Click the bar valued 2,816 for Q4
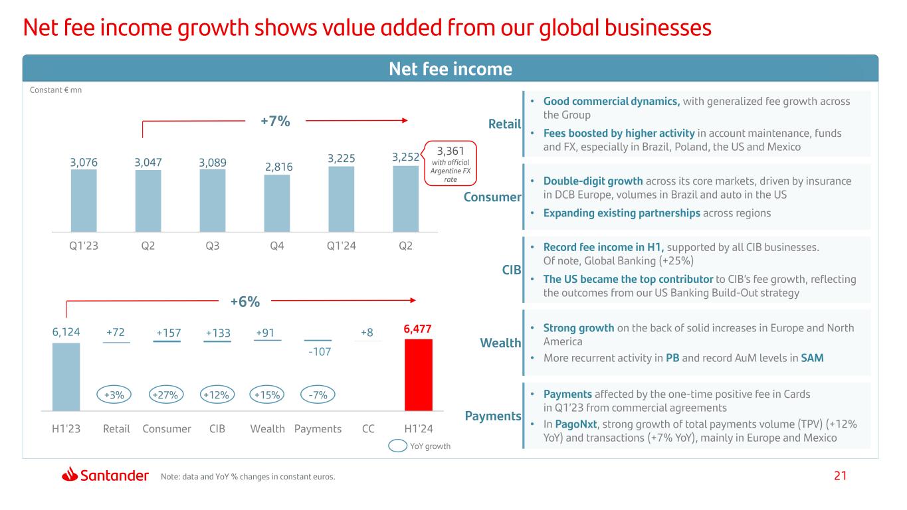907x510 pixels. coord(277,203)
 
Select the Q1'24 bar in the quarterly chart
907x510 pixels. coord(342,199)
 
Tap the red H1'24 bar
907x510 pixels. coord(418,375)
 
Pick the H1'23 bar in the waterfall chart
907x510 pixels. coord(66,377)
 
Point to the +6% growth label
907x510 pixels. coord(245,302)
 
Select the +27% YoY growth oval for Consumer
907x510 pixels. coord(167,394)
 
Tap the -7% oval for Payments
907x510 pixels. coord(318,394)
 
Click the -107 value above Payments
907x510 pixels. coord(318,350)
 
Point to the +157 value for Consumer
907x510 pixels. coord(167,333)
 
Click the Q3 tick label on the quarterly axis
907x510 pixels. coord(213,246)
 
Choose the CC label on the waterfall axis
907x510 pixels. coord(368,429)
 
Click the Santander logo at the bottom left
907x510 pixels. coord(105,475)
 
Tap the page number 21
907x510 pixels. coord(841,476)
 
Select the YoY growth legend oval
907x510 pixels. coord(397,446)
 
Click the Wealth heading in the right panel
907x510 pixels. coord(500,343)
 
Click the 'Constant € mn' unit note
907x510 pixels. coord(56,90)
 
